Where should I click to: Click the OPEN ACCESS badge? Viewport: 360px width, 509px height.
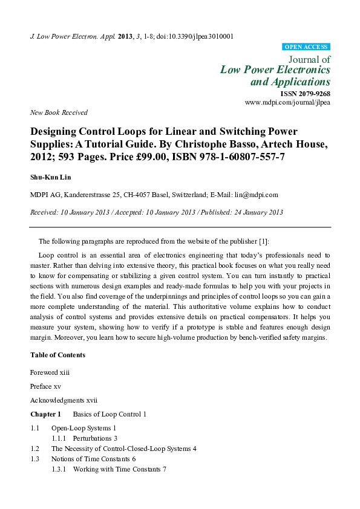306,47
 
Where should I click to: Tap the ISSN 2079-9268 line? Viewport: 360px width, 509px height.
305,94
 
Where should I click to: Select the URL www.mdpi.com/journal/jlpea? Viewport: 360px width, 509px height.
287,103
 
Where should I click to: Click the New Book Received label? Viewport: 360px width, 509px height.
59,112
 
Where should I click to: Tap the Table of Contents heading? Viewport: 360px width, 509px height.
57,355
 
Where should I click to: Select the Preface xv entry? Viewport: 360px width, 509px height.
45,386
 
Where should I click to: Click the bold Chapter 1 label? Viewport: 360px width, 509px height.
46,414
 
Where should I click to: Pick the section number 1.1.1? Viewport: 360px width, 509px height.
59,438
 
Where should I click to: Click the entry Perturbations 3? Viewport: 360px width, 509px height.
95,438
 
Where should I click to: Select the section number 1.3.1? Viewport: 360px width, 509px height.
59,469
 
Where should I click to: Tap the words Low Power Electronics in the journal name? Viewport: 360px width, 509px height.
275,70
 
